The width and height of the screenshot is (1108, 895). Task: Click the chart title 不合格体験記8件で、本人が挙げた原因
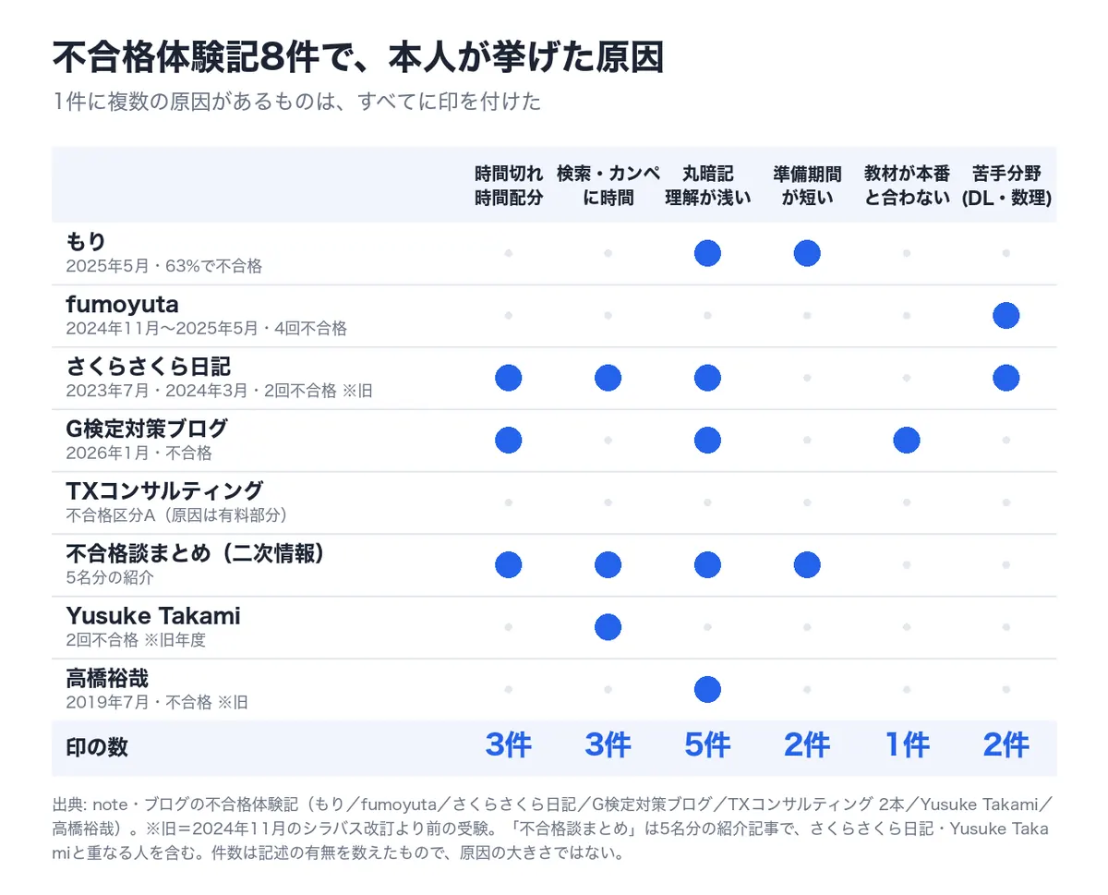point(358,56)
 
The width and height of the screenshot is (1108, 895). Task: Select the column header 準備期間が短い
point(807,186)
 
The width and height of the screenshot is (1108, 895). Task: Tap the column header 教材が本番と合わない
point(907,186)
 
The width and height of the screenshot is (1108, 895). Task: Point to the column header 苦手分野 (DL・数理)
point(1006,186)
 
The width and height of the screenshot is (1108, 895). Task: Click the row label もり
point(86,241)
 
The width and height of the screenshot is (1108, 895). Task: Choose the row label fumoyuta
point(122,305)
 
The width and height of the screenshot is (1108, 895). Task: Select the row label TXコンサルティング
point(164,490)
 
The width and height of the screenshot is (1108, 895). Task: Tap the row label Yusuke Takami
point(153,615)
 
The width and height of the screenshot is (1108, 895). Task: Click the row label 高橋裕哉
point(107,678)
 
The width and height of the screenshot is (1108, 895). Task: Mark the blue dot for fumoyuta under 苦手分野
point(1006,315)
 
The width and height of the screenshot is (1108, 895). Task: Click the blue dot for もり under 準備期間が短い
point(807,253)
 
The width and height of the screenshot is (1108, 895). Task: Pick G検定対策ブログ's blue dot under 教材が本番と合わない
point(906,441)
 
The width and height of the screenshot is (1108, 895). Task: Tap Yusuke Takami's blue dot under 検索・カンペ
point(608,627)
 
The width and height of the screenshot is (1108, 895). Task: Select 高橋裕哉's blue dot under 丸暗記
point(707,689)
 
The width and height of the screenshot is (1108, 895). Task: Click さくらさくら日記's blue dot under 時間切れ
point(508,378)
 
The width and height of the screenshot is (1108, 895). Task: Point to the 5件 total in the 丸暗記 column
point(707,744)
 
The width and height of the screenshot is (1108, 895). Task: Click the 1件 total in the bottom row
point(907,744)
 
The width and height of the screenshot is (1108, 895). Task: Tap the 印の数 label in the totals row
point(97,747)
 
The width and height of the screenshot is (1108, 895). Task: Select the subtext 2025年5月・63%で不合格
point(163,266)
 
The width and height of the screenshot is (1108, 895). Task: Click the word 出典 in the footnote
point(68,804)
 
